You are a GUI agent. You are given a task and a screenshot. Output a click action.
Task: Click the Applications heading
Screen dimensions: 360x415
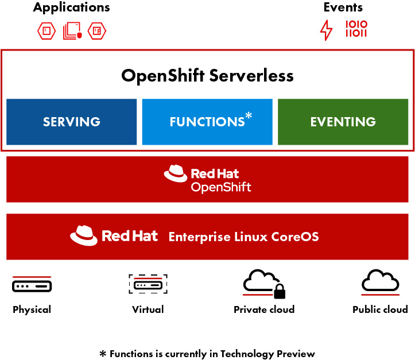(71, 7)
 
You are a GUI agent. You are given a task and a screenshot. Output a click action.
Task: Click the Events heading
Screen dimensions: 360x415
(343, 7)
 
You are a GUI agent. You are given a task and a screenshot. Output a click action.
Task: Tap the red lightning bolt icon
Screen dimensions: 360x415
(326, 30)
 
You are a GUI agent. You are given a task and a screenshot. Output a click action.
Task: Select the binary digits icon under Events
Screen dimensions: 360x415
(356, 29)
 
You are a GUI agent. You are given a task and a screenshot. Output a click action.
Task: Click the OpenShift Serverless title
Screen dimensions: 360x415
(207, 76)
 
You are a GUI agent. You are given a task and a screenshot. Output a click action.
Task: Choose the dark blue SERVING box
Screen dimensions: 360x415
(72, 122)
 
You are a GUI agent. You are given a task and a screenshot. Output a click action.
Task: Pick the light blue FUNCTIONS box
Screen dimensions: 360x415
(207, 122)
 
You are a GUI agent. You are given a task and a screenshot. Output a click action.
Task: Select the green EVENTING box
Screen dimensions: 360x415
(343, 122)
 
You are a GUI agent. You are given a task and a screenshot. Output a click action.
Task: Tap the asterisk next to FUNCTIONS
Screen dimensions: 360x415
(249, 117)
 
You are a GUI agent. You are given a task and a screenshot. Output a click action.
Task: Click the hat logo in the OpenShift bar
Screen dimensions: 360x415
(176, 174)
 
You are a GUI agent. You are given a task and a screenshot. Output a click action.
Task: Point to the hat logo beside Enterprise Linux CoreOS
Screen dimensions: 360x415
(83, 235)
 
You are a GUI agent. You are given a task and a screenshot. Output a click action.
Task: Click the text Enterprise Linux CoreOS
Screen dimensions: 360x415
(243, 237)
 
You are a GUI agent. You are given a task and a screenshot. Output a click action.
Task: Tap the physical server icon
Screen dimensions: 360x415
(32, 284)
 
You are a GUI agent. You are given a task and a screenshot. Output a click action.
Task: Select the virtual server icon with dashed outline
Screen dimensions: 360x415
(148, 284)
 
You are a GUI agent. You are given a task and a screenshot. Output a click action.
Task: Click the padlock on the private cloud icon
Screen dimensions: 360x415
(280, 293)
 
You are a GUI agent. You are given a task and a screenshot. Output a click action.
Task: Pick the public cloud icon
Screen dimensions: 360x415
(380, 281)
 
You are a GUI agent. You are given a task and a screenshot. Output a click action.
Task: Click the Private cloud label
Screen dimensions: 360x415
(264, 309)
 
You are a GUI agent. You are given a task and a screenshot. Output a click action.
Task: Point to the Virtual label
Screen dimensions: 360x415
(148, 309)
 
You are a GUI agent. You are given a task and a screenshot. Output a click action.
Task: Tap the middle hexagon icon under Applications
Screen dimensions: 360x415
(72, 30)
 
